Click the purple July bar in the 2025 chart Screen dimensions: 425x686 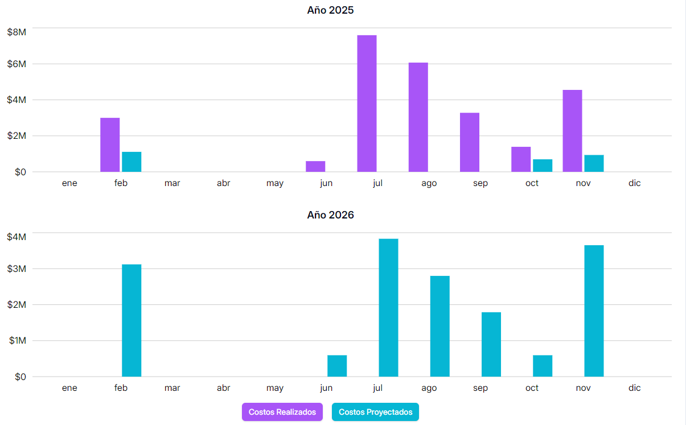[367, 104]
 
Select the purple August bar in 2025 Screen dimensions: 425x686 [418, 117]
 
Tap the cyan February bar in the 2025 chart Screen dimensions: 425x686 [132, 162]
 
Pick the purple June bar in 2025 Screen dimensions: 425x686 [315, 167]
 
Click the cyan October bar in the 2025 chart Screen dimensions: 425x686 [543, 166]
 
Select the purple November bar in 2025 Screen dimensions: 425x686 [572, 131]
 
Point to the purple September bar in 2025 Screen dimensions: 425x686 [470, 142]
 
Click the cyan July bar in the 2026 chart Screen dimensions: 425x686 [388, 308]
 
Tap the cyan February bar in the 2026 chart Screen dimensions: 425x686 [132, 320]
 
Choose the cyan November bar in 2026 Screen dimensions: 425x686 [594, 311]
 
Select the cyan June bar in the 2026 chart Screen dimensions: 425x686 [337, 366]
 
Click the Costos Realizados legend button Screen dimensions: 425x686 [282, 412]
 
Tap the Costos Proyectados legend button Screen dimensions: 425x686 [375, 412]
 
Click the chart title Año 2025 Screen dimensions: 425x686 [330, 10]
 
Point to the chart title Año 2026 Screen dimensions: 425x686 [330, 215]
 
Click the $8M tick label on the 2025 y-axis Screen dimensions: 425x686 [17, 32]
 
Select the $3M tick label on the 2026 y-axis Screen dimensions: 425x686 [17, 269]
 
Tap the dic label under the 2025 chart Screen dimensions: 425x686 [634, 183]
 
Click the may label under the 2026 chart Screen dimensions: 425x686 [275, 388]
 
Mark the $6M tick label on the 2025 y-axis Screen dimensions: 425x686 [17, 64]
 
